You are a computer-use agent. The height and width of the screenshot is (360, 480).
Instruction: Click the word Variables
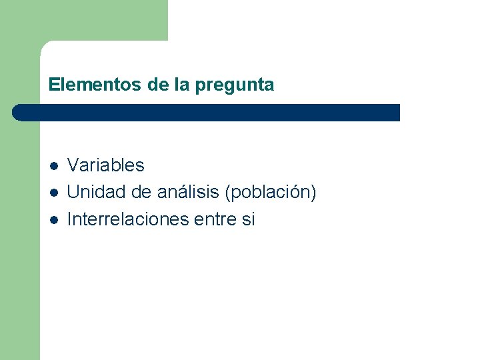pyautogui.click(x=106, y=165)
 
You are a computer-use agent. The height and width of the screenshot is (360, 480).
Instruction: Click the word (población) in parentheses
pyautogui.click(x=271, y=193)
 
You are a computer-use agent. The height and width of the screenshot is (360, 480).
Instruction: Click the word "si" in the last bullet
pyautogui.click(x=247, y=219)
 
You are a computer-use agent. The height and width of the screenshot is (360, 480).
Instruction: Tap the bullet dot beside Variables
pyautogui.click(x=53, y=166)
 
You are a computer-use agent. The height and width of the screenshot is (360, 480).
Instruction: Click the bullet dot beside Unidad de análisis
pyautogui.click(x=53, y=193)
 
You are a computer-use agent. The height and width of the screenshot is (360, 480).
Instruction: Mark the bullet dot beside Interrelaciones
pyautogui.click(x=53, y=220)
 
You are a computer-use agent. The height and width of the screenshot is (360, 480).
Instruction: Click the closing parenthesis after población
pyautogui.click(x=313, y=193)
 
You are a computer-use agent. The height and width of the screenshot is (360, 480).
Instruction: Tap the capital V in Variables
pyautogui.click(x=73, y=165)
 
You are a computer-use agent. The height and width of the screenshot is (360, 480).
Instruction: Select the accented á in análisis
pyautogui.click(x=163, y=192)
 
